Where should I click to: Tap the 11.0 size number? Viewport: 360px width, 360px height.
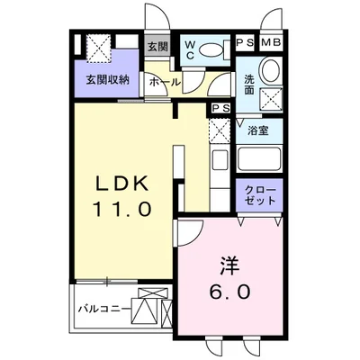[122, 209]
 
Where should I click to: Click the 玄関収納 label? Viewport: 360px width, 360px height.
[106, 79]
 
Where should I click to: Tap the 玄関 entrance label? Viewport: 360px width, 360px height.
[157, 47]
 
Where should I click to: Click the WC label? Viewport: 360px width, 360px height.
[192, 48]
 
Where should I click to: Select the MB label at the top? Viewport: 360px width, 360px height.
[271, 41]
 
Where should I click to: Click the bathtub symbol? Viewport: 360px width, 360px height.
[259, 161]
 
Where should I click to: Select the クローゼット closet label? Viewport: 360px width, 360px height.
[258, 197]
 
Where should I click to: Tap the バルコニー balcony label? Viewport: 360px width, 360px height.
[101, 310]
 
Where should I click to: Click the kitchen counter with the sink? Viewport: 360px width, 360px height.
[219, 166]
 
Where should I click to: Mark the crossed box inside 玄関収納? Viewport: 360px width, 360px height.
[98, 45]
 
